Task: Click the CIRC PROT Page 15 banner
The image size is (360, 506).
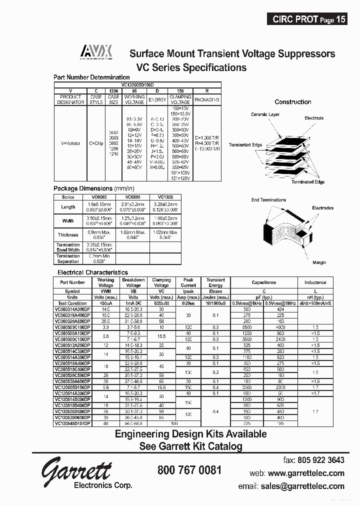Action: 308,19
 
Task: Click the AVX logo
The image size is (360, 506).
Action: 97,51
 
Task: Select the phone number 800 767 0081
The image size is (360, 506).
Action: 189,470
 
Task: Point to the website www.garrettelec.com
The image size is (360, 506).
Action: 306,473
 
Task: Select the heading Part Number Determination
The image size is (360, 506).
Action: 91,77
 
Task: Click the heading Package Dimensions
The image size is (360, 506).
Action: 90,188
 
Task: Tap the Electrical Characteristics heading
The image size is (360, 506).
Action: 92,272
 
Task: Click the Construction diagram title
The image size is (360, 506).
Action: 292,102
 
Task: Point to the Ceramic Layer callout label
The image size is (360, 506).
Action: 265,114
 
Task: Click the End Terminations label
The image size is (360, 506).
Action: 268,200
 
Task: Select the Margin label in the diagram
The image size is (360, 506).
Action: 319,262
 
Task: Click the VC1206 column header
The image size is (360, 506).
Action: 164,197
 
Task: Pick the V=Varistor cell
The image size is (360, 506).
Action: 70,143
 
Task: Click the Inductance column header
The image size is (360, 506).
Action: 315,282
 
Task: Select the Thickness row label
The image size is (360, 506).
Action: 68,234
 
